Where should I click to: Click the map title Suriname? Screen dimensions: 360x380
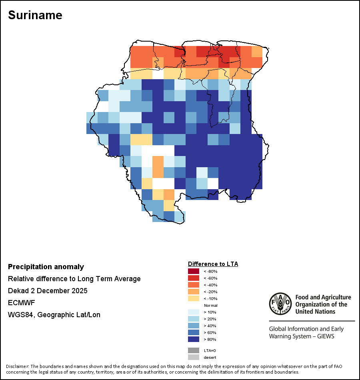35,15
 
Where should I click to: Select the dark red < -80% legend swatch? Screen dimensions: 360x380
194,271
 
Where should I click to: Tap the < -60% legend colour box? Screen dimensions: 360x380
194,278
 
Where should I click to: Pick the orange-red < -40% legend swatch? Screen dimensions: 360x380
194,285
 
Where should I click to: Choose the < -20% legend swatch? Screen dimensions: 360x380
194,292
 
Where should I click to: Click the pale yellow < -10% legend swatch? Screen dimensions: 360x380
194,298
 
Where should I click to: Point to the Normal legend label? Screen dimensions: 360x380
211,305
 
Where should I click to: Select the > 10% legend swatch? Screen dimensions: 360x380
194,312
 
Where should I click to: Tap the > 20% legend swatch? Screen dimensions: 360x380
194,319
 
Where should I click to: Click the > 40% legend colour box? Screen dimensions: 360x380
194,326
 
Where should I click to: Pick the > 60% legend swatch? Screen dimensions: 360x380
194,332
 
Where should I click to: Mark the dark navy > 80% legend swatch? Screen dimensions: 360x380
194,339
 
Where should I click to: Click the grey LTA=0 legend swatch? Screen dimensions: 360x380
194,350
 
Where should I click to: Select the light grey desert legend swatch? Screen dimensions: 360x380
194,357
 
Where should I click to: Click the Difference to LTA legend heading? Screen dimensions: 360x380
213,264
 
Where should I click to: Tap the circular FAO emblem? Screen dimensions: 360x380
280,304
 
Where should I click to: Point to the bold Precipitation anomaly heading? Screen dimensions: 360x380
46,267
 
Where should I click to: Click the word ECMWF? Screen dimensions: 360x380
22,303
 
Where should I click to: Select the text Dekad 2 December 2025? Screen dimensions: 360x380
48,290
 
